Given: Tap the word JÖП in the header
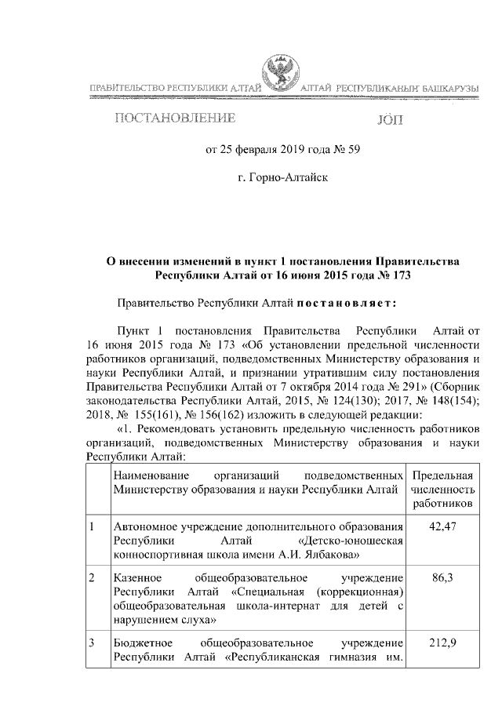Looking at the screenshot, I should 393,120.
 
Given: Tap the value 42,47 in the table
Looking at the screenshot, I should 444,526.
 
